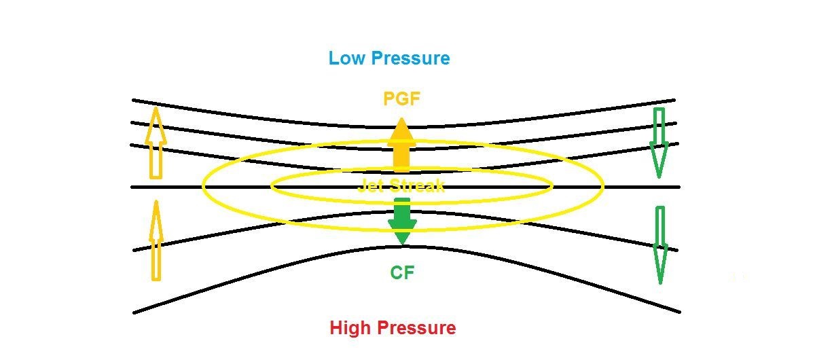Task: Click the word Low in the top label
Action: pos(344,58)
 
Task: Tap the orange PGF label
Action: pos(402,99)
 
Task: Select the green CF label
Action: pos(402,273)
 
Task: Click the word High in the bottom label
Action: pos(350,328)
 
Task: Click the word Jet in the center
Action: pos(371,186)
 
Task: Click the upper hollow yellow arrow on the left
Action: pos(156,143)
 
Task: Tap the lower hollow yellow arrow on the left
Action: pos(156,240)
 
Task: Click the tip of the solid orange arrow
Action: pos(402,119)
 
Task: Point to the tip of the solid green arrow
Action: pos(402,245)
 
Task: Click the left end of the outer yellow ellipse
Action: pos(203,185)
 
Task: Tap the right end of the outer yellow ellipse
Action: pos(602,185)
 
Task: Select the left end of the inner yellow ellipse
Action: pos(272,185)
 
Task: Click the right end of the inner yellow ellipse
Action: pos(551,185)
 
